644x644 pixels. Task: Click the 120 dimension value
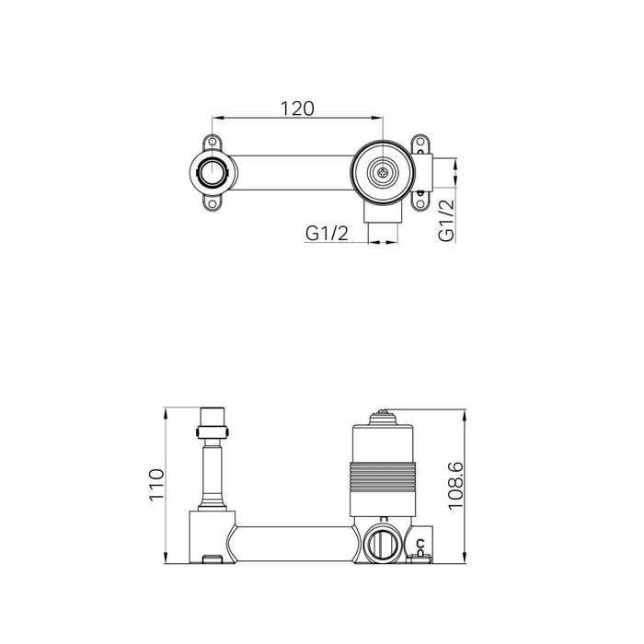coord(297,109)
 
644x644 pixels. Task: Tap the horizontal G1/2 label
coord(327,234)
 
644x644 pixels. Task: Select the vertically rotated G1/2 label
coord(446,221)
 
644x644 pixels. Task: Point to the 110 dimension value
coord(156,485)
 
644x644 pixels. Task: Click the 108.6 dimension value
coord(455,486)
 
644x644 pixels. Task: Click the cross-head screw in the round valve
coord(384,173)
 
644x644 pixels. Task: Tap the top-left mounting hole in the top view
coord(213,142)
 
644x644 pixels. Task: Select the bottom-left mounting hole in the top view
coord(213,203)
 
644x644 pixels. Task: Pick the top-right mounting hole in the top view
coord(420,142)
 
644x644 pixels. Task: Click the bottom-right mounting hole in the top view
coord(420,203)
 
